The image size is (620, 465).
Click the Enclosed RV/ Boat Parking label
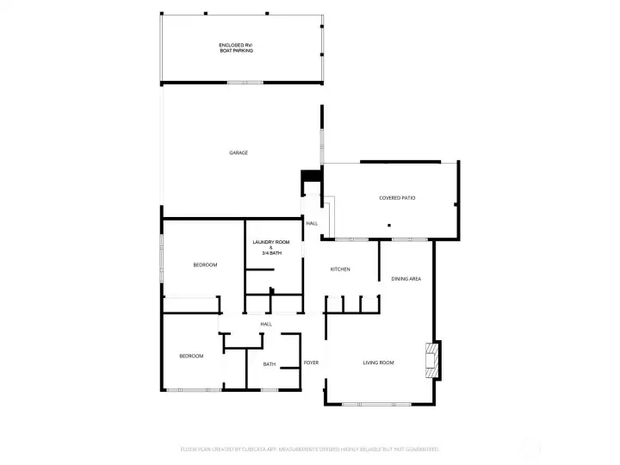click(236, 48)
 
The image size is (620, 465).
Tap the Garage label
click(239, 153)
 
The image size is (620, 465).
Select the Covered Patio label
click(397, 198)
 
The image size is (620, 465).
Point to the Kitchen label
click(340, 270)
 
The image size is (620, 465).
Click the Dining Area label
click(406, 279)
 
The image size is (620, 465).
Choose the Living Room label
click(378, 363)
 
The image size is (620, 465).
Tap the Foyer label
click(311, 363)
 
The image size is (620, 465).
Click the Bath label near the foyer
click(270, 364)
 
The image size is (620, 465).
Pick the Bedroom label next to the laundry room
click(205, 264)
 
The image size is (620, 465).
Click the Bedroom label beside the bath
click(191, 356)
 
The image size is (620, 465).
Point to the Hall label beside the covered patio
click(311, 223)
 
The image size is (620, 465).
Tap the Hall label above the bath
click(266, 324)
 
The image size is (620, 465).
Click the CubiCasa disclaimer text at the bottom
click(310, 449)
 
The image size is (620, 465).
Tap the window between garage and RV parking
click(245, 83)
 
